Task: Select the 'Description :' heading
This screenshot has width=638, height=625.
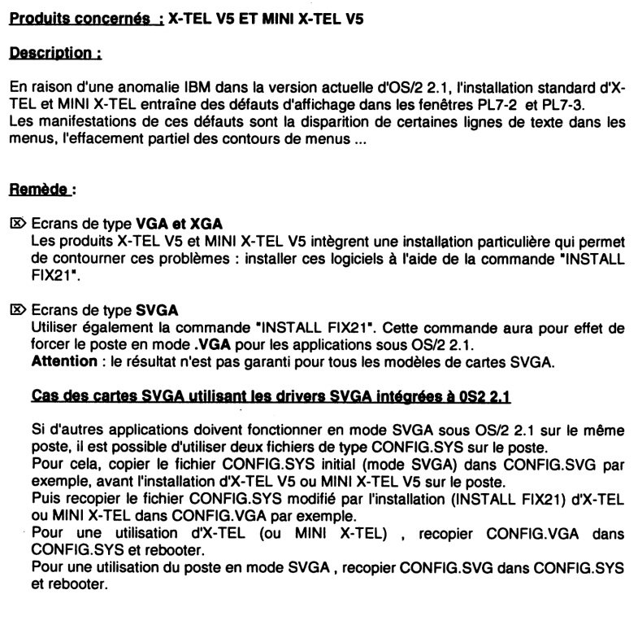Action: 54,53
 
